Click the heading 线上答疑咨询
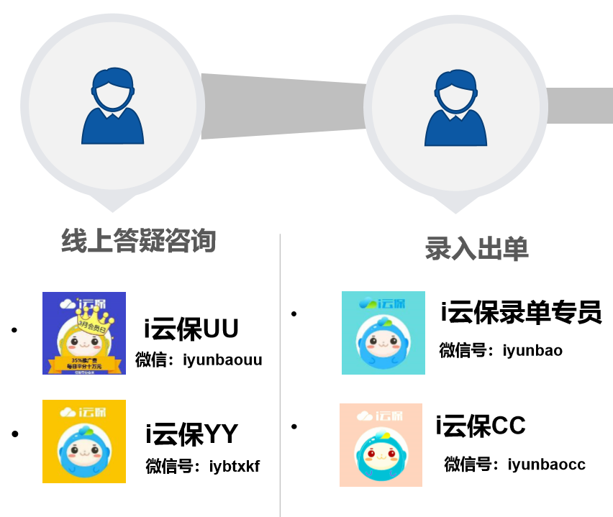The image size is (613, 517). [138, 241]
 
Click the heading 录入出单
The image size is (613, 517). [476, 248]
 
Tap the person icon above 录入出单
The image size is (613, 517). [455, 108]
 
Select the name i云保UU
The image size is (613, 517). [191, 329]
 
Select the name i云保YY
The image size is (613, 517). [191, 434]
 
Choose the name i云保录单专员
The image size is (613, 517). [520, 313]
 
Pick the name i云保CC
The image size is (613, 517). [481, 426]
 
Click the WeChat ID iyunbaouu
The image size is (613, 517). [222, 360]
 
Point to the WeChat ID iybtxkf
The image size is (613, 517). [234, 467]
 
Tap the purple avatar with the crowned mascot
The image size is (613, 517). [84, 333]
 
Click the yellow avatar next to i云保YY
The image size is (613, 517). [84, 441]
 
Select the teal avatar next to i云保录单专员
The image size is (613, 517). [383, 333]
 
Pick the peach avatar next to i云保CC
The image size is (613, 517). [381, 444]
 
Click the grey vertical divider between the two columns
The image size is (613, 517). [281, 374]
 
